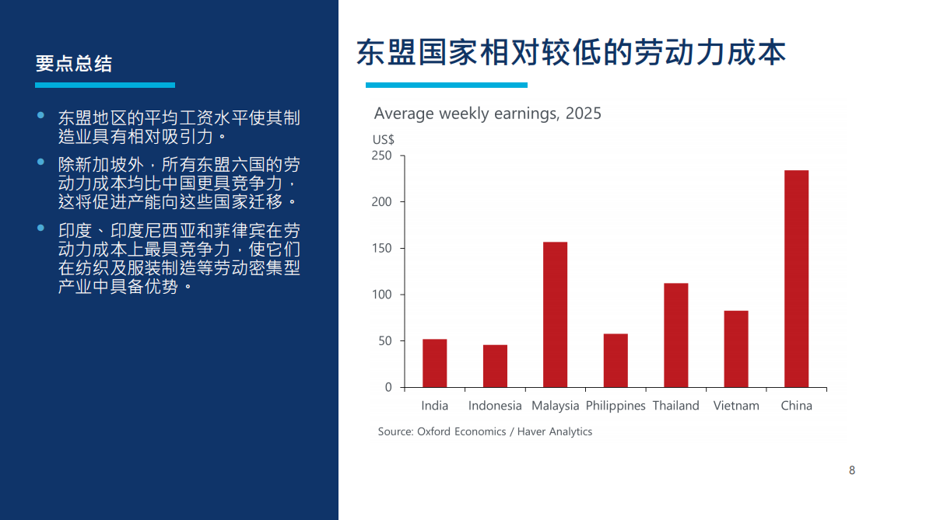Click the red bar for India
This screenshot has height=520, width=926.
click(434, 363)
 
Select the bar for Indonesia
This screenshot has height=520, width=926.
click(495, 366)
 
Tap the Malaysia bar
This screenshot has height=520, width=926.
click(555, 315)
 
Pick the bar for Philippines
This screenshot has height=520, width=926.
click(616, 361)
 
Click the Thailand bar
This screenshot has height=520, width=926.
click(675, 335)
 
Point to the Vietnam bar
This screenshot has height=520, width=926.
click(736, 349)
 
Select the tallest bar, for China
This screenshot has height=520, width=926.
click(796, 278)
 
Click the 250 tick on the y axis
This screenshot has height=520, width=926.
click(382, 155)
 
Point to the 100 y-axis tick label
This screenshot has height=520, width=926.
click(382, 295)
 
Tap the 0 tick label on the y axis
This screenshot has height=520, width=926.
click(388, 387)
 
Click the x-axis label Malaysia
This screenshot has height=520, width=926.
click(555, 406)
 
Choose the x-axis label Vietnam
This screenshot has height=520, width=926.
click(736, 406)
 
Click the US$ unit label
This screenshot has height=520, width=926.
click(384, 140)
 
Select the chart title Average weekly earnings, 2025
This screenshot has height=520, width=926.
click(487, 113)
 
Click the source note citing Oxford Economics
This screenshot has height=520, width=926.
click(485, 431)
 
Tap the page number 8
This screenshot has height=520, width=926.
click(852, 470)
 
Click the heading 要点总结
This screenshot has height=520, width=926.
click(74, 64)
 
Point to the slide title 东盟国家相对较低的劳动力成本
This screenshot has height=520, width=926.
click(570, 53)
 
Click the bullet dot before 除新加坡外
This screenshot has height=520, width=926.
click(41, 162)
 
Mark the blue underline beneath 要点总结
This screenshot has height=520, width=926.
click(105, 85)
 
